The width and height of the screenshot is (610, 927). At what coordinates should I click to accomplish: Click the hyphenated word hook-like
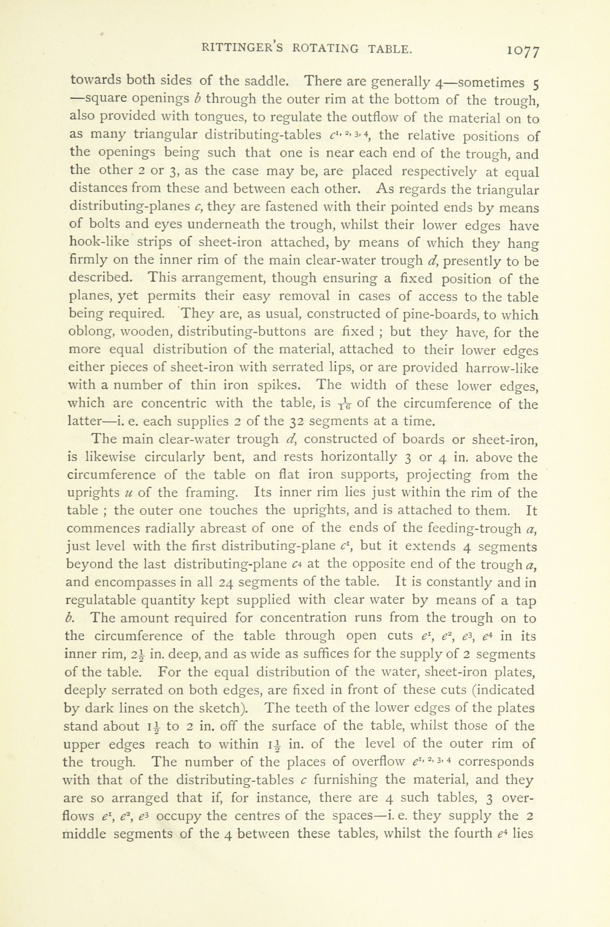[99, 242]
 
